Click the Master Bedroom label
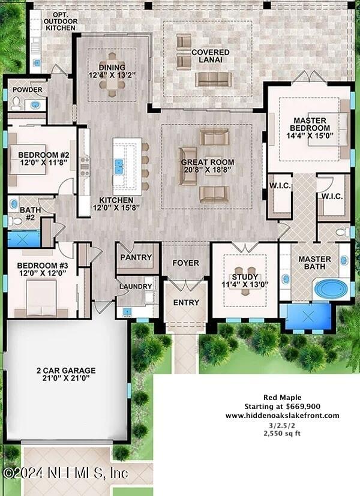(310, 124)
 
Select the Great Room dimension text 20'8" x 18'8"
(208, 170)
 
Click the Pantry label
(136, 257)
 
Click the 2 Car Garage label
(65, 371)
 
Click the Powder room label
(27, 90)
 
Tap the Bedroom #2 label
(31, 155)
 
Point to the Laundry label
(136, 286)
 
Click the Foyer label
(185, 263)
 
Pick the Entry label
(185, 302)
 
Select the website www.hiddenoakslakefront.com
(282, 415)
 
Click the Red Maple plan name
(282, 397)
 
